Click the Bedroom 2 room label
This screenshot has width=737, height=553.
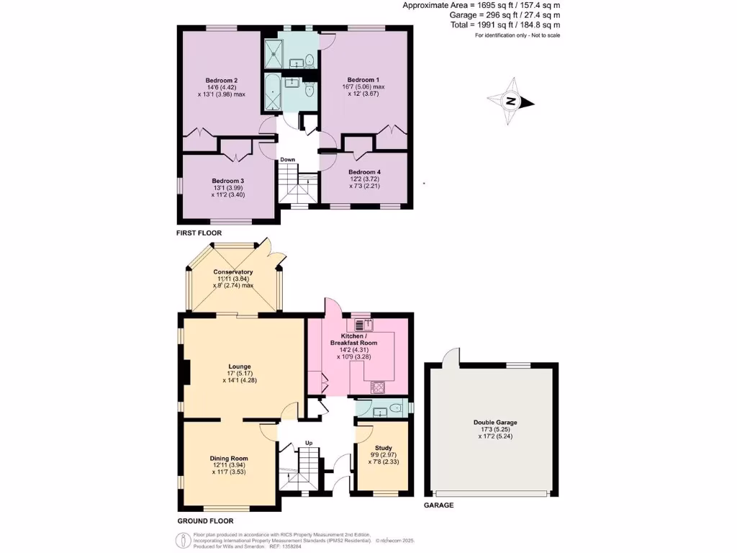[x=222, y=80]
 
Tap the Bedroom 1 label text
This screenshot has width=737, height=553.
[x=363, y=79]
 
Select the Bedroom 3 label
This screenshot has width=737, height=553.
[x=228, y=181]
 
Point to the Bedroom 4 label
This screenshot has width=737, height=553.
[x=364, y=172]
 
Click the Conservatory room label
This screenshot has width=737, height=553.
[x=233, y=272]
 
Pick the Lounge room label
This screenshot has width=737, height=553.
[x=240, y=367]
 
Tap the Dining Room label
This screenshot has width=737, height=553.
[x=229, y=459]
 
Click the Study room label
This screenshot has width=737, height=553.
[x=383, y=448]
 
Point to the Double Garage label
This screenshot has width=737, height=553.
[x=494, y=423]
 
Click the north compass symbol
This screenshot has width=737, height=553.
[x=510, y=102]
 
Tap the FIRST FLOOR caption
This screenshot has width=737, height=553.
[x=199, y=233]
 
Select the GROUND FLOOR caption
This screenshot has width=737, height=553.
[x=205, y=521]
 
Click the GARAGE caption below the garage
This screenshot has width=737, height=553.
[x=438, y=505]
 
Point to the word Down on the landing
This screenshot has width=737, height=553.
[x=288, y=159]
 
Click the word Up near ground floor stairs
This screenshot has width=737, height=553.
[x=308, y=442]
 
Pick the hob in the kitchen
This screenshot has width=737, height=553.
[x=378, y=387]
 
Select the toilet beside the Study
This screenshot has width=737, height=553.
[x=392, y=408]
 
